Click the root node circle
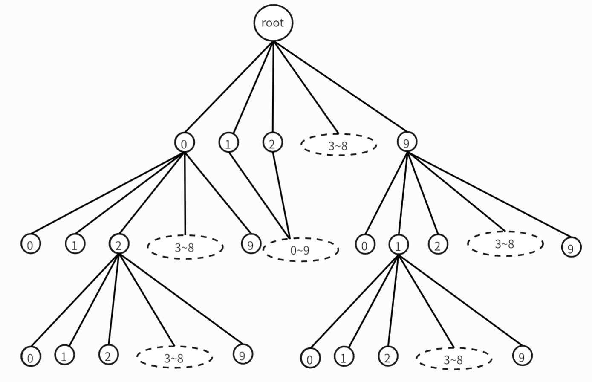[273, 23]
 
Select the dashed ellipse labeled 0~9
[300, 250]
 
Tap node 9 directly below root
[407, 142]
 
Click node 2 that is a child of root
[272, 143]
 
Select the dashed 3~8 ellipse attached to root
[338, 145]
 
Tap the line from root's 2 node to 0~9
[281, 194]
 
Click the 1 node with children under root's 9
[398, 245]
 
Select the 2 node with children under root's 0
[118, 244]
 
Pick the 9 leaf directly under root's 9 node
[571, 247]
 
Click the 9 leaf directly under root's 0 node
[251, 244]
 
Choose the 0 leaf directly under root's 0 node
[30, 245]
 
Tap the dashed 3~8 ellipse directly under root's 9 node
[505, 244]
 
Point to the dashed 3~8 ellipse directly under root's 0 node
[185, 247]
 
